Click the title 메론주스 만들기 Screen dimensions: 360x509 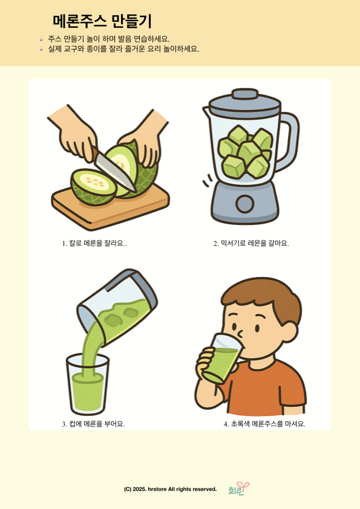coord(102,21)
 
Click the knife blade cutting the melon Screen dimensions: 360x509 coord(116,172)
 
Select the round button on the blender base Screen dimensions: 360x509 coord(244,204)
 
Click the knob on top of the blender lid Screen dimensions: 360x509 coord(245,94)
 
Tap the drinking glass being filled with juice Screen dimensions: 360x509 coord(87,385)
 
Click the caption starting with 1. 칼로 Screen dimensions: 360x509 coord(94,244)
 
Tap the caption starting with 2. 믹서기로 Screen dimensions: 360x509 coord(251,244)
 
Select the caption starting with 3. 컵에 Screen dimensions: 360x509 coord(94,424)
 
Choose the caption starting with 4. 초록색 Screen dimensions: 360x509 coord(264,424)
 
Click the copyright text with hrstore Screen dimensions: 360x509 coord(170,489)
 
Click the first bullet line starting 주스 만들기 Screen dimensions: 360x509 coord(109,39)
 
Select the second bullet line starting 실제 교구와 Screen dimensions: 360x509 coord(123,49)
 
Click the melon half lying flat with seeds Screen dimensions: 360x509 coord(94,187)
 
